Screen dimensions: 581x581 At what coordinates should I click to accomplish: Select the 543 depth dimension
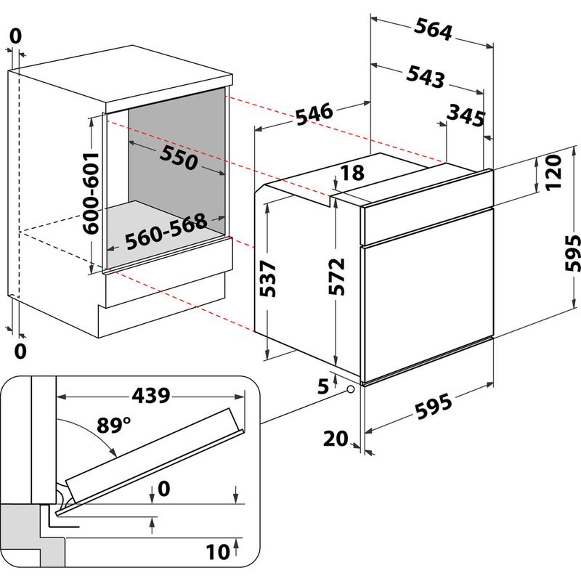click(424, 76)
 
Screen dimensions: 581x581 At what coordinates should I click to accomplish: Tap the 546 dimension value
click(314, 114)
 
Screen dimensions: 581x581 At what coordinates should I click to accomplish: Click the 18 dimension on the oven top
click(352, 173)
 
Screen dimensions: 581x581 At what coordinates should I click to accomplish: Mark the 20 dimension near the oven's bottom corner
click(335, 438)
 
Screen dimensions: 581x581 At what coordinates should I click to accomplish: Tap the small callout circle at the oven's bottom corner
click(352, 391)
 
